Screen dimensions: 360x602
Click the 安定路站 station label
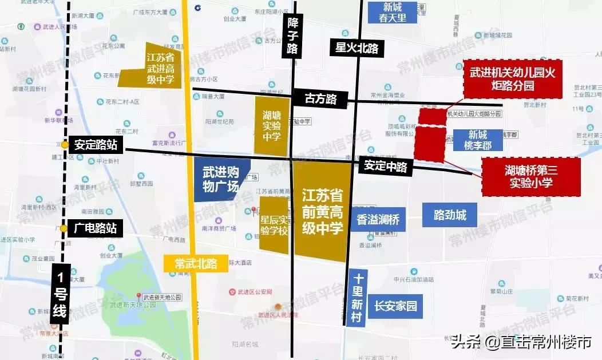96,145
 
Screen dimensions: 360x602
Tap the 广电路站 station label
96,228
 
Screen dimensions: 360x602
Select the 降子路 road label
292,36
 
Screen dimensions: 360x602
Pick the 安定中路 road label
386,167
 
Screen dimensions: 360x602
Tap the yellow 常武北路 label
196,264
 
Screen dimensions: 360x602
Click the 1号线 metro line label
61,295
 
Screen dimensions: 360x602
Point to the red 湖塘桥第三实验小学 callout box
530,177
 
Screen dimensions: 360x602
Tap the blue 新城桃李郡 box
478,140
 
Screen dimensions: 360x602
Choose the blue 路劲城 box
450,215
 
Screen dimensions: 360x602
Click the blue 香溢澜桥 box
378,219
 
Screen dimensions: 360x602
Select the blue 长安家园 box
395,306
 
